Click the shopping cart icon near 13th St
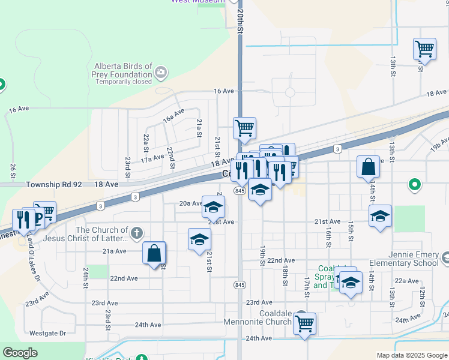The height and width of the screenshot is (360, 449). pos(424,49)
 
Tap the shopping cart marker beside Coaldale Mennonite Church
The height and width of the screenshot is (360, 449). pos(305,324)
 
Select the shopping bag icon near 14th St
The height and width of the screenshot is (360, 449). pos(368,167)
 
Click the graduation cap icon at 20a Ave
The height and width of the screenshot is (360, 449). pos(213,207)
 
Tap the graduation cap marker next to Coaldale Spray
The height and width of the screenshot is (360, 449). pos(350,281)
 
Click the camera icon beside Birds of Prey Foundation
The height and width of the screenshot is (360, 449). pos(160,73)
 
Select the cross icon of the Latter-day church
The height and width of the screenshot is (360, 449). pos(137,233)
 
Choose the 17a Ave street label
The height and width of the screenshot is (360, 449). pos(152,158)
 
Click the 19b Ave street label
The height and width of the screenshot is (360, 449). pos(439,143)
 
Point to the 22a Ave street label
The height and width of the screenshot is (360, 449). pos(406,280)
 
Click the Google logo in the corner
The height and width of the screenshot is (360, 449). pos(20,353)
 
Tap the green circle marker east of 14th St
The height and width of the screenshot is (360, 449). pos(414,185)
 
